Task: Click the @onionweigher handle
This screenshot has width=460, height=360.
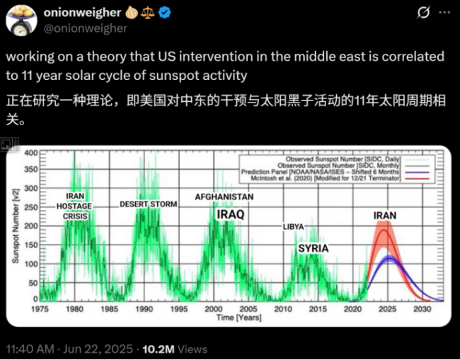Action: tap(84, 28)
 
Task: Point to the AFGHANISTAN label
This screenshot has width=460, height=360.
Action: tap(224, 197)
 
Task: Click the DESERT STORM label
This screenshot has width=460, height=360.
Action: tap(148, 204)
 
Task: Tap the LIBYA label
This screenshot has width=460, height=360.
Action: tap(293, 226)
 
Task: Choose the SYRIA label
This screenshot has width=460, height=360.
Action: tap(312, 249)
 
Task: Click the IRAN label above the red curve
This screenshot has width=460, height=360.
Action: tap(385, 215)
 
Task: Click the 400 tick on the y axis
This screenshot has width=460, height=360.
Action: tap(31, 153)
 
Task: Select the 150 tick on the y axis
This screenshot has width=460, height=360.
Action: tap(31, 245)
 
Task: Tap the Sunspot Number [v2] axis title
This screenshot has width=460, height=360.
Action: tap(15, 226)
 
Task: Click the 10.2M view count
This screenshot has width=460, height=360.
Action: tap(163, 349)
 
